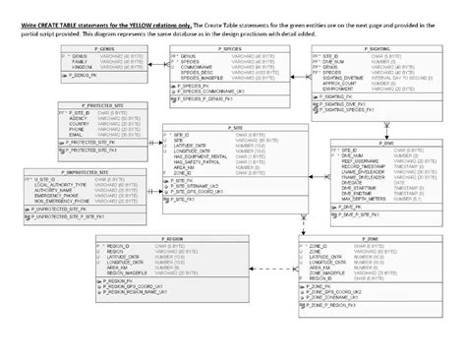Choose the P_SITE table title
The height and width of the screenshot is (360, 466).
238,127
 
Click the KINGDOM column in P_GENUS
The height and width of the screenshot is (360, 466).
83,67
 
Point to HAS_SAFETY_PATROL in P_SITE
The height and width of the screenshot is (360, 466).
202,162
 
